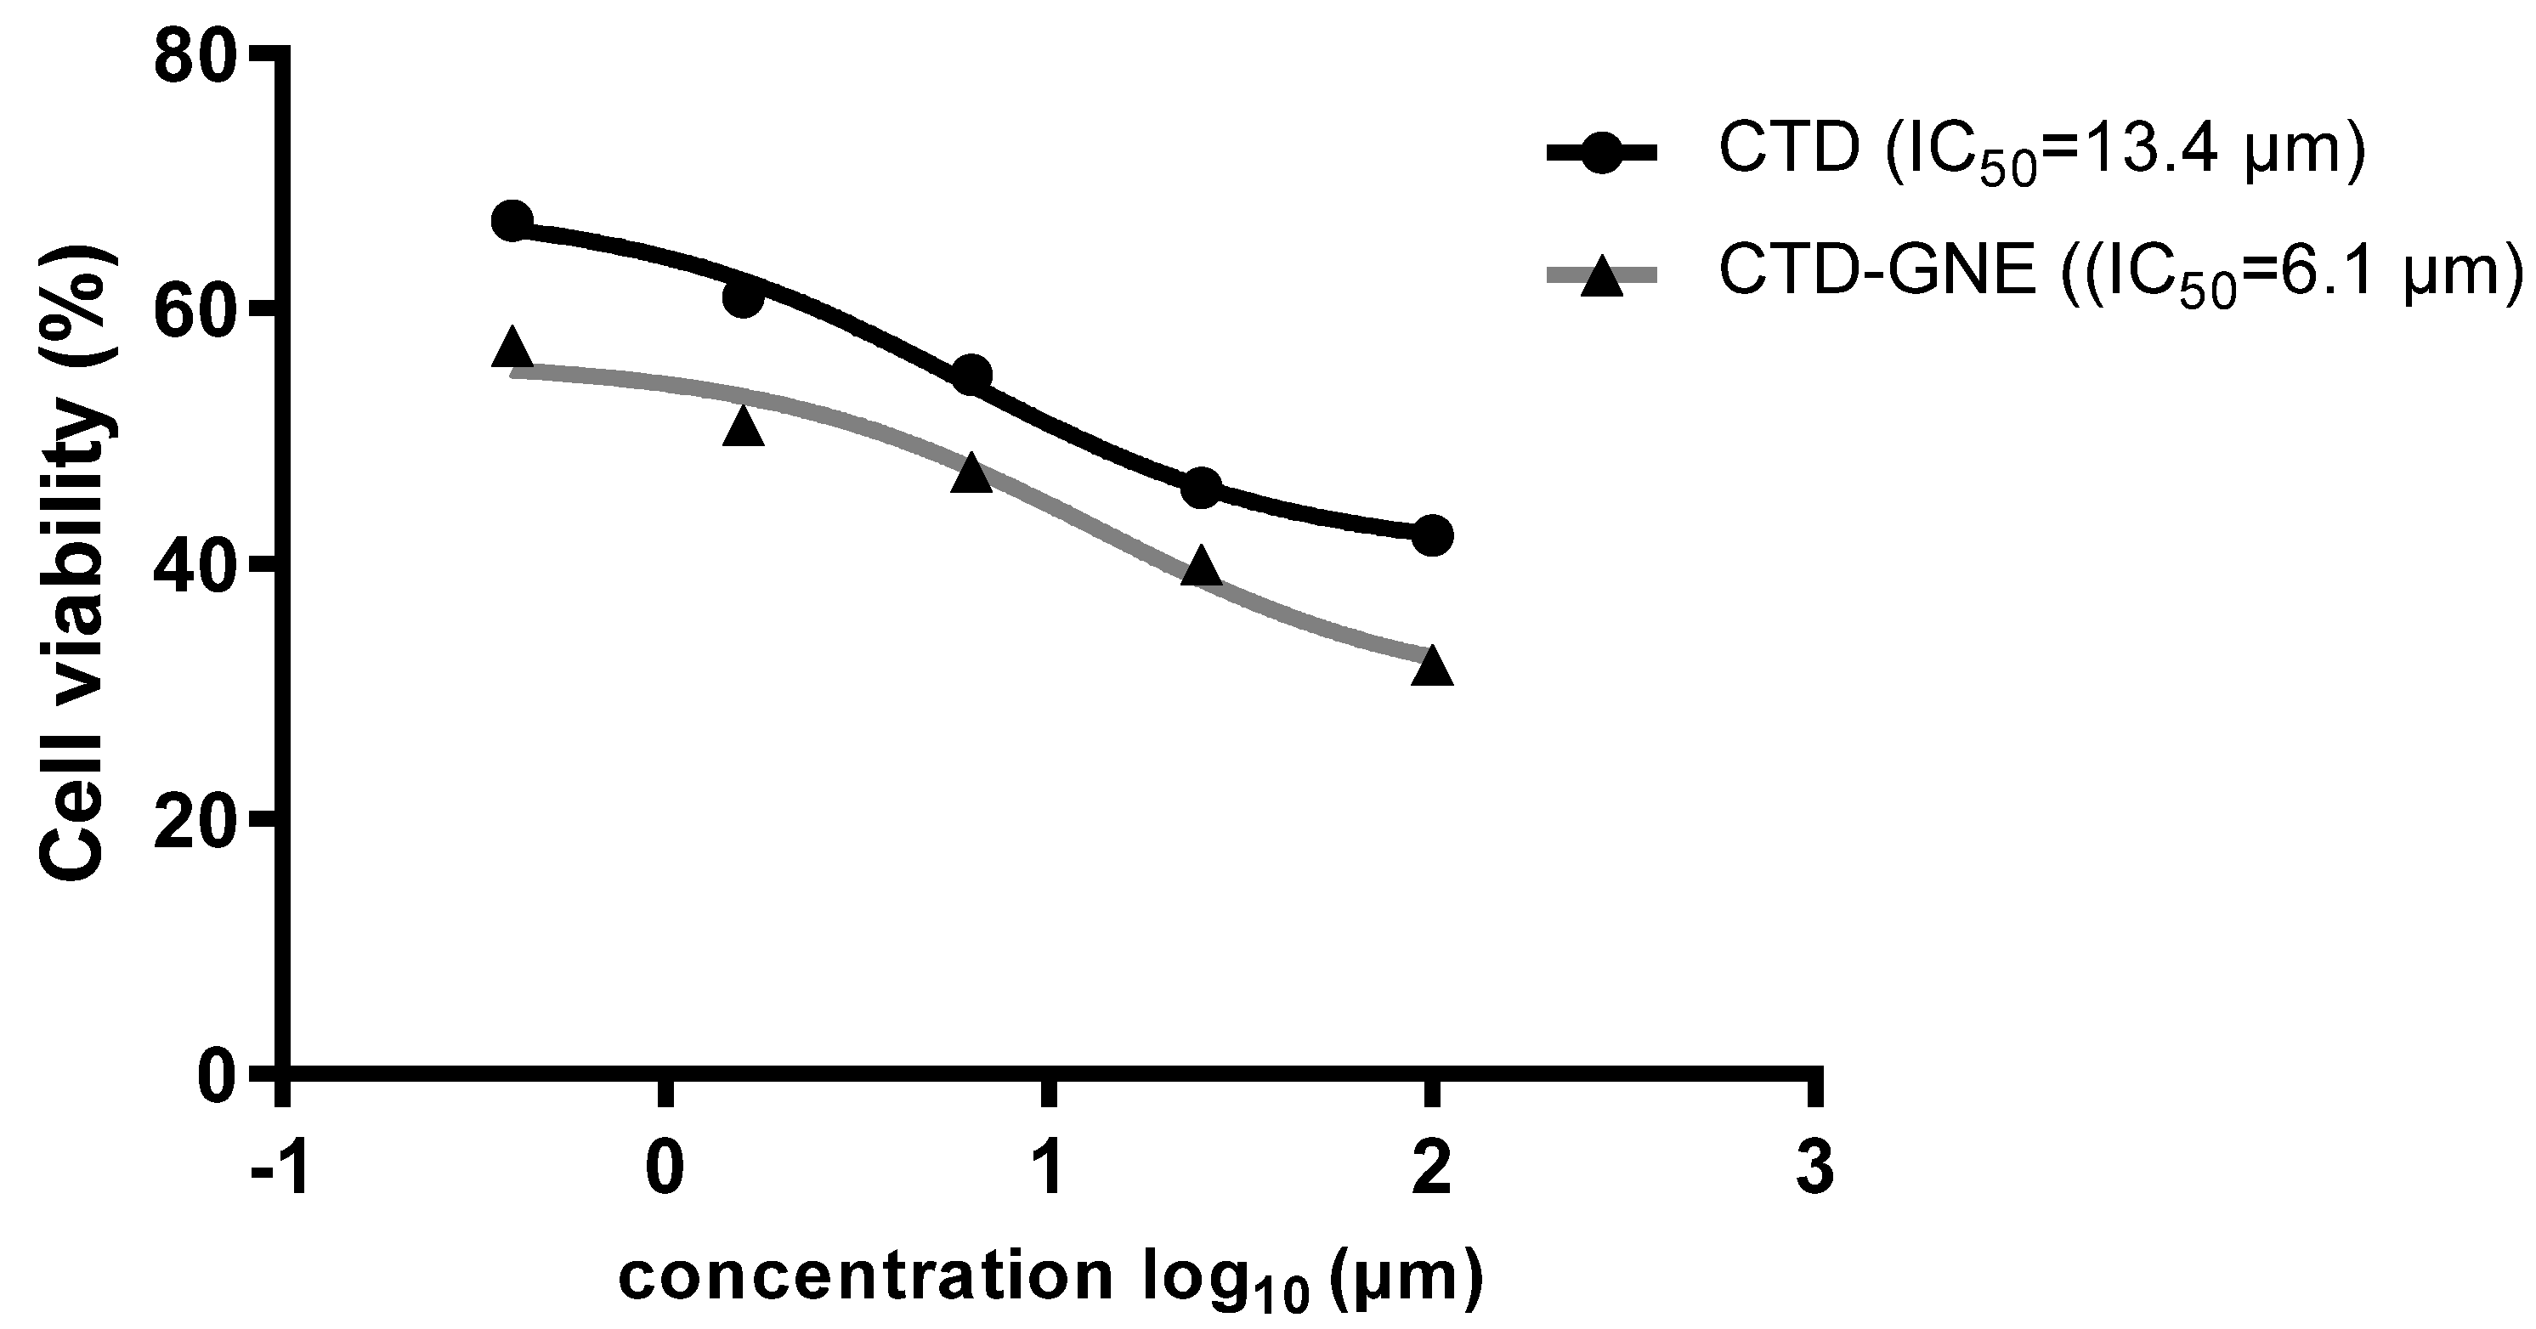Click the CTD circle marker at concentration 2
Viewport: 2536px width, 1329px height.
[1432, 535]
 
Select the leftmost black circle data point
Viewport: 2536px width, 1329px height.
[512, 221]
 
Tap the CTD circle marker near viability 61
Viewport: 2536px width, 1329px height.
[744, 299]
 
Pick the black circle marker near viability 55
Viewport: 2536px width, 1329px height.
[972, 375]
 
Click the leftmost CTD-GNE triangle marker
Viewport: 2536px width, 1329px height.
[512, 348]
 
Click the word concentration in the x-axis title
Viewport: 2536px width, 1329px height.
[866, 1277]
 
